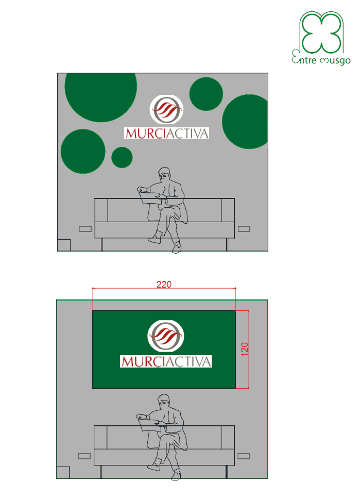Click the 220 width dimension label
[x=164, y=284]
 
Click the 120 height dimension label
[x=245, y=350]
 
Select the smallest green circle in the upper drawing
[x=122, y=157]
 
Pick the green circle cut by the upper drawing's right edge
[x=245, y=122]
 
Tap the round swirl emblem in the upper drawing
[x=166, y=109]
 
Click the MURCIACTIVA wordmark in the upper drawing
[x=167, y=133]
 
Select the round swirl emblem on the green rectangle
[x=166, y=336]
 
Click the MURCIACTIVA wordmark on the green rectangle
[x=166, y=361]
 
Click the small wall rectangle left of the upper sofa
[x=85, y=229]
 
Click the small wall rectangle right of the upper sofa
[x=244, y=229]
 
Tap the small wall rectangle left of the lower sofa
[x=84, y=456]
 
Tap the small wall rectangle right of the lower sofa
[x=244, y=456]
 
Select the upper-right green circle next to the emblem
[x=206, y=94]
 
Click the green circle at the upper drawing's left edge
[x=83, y=151]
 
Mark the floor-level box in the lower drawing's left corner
[x=63, y=473]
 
